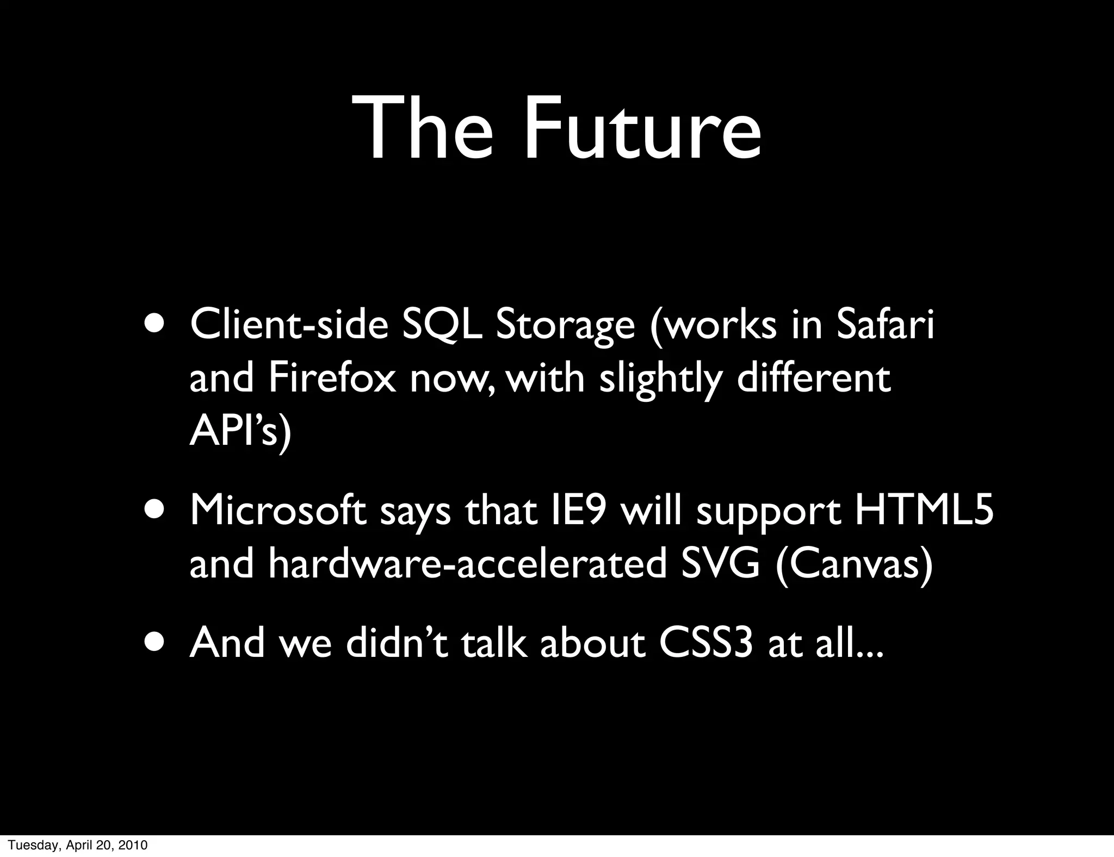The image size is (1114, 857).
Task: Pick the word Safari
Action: tap(885, 325)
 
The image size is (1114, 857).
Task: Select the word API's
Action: tap(240, 432)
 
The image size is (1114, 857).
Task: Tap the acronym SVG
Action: tap(720, 565)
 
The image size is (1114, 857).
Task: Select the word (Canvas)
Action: tap(854, 565)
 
